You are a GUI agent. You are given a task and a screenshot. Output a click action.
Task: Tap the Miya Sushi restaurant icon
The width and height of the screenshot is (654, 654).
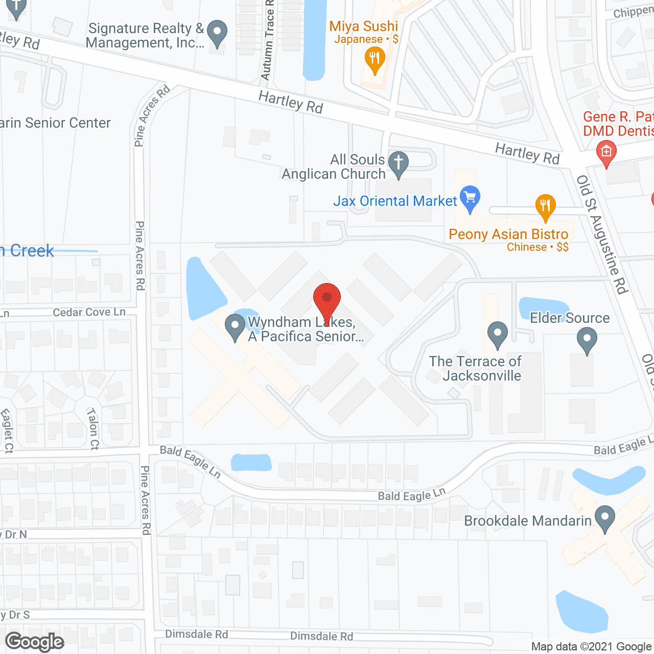[375, 60]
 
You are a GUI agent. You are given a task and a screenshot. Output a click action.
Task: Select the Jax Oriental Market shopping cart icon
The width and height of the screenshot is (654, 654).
[470, 198]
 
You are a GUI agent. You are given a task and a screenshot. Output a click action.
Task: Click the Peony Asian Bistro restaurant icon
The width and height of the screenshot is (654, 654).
[545, 206]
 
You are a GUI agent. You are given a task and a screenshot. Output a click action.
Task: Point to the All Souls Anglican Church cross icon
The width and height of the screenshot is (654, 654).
[399, 163]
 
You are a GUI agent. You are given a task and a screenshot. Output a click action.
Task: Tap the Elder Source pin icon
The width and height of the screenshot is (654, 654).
[587, 339]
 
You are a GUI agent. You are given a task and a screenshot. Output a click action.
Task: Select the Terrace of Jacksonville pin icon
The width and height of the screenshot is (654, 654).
[497, 334]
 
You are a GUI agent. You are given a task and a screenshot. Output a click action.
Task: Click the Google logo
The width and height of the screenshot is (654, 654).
[35, 642]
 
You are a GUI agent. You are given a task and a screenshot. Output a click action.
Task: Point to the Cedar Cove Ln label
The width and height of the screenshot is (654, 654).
[89, 312]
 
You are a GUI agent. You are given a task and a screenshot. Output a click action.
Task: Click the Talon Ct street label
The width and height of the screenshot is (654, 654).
[93, 428]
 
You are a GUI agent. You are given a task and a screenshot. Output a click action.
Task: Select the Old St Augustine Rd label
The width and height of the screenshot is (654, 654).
[602, 235]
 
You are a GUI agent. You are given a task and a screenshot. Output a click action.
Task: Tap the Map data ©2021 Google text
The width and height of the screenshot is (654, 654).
[592, 647]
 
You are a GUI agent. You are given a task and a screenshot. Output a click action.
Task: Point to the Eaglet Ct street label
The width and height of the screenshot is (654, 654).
[8, 431]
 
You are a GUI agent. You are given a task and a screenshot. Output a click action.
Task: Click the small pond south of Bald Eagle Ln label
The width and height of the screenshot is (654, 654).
[251, 462]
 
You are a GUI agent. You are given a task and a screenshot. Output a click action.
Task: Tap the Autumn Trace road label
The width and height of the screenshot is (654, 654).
[267, 41]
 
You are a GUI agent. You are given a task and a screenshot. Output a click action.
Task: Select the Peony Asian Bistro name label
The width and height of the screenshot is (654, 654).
[508, 234]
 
